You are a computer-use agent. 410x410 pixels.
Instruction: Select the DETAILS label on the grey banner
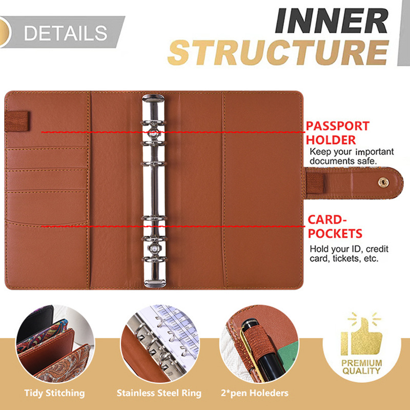[66, 32]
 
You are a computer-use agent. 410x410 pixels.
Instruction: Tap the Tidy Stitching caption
[55, 393]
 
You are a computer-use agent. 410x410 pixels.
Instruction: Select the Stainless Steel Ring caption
[159, 393]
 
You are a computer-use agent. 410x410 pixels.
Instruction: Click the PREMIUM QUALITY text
[362, 367]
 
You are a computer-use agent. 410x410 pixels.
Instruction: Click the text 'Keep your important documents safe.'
[352, 157]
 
